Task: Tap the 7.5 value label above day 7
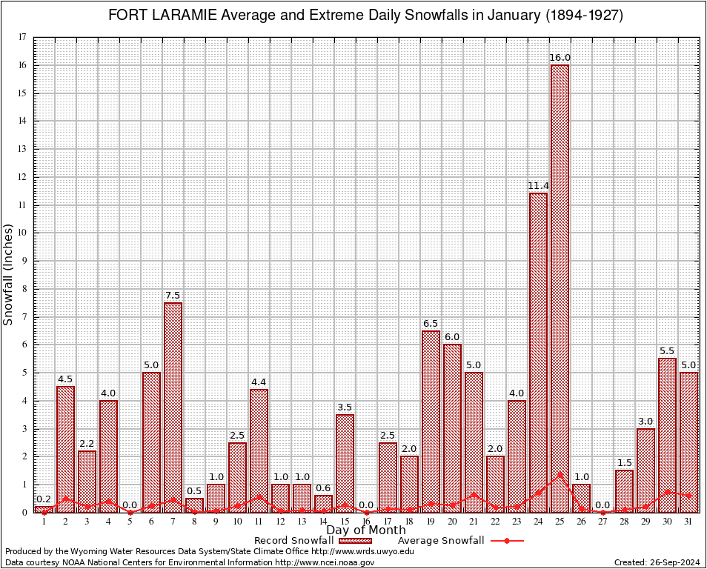click(172, 296)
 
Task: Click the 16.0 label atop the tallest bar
click(560, 58)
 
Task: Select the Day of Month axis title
click(365, 530)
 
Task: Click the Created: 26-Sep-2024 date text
click(657, 562)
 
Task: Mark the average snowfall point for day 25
click(560, 475)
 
